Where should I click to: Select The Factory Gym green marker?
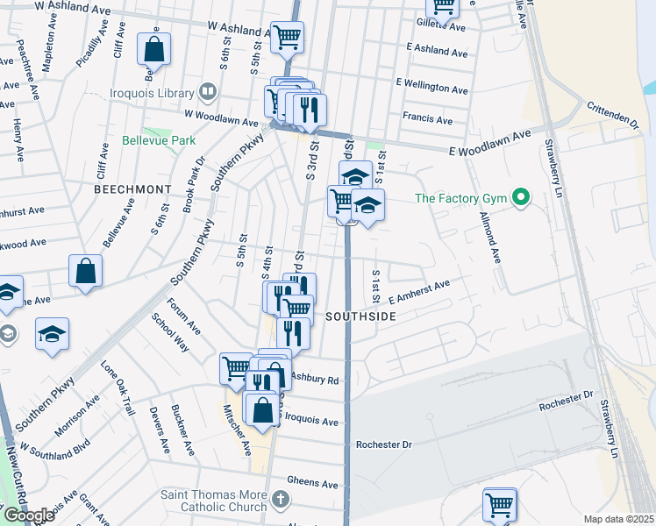(x=521, y=198)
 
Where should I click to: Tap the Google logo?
(x=28, y=515)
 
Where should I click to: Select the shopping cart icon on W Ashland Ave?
(x=286, y=38)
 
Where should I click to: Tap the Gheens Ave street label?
(x=312, y=483)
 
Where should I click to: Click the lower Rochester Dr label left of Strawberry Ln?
(x=383, y=444)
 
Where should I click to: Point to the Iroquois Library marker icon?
(x=208, y=91)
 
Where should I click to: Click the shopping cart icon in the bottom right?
(x=499, y=505)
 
